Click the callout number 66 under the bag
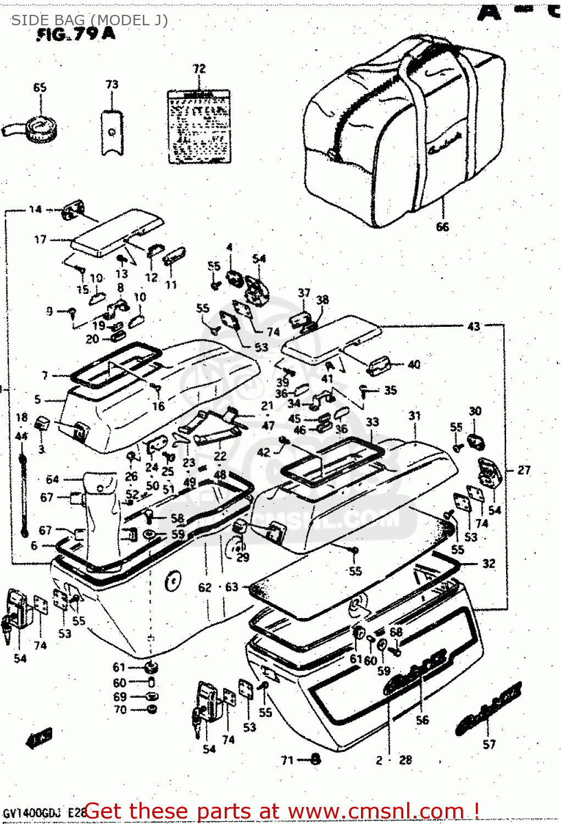tap(442, 226)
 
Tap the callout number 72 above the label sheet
tap(199, 69)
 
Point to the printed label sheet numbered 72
tap(199, 127)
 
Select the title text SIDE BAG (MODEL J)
tap(90, 20)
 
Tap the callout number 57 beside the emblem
tap(489, 744)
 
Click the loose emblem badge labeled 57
tap(488, 708)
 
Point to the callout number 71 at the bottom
tap(287, 760)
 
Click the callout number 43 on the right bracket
tap(474, 326)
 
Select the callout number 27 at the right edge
tap(524, 470)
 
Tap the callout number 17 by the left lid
tap(40, 240)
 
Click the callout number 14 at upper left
tap(35, 209)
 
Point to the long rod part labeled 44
tap(23, 494)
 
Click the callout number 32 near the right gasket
tap(488, 564)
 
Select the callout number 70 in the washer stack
tap(120, 710)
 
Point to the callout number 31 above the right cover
tap(414, 416)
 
